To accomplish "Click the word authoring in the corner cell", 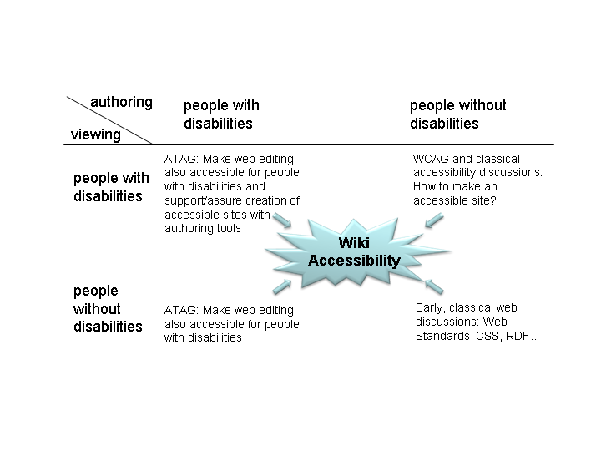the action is [x=121, y=103].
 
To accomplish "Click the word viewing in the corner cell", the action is [x=95, y=134].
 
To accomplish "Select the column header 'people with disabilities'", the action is [x=221, y=114].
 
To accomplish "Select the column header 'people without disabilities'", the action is [x=458, y=114].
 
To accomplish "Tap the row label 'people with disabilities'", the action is [x=111, y=187].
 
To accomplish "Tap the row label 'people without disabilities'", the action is [x=108, y=309].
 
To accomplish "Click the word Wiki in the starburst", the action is [x=354, y=243].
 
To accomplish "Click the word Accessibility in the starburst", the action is [x=354, y=261].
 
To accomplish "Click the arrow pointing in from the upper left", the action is [x=282, y=220].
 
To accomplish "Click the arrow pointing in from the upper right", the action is [x=434, y=220].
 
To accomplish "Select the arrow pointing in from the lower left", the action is [x=282, y=286].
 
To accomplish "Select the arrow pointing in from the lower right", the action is [x=434, y=286].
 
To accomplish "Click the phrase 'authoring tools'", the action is [x=203, y=229].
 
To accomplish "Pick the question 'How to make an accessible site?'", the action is [x=455, y=194].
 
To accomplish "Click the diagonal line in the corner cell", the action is [x=110, y=120].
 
